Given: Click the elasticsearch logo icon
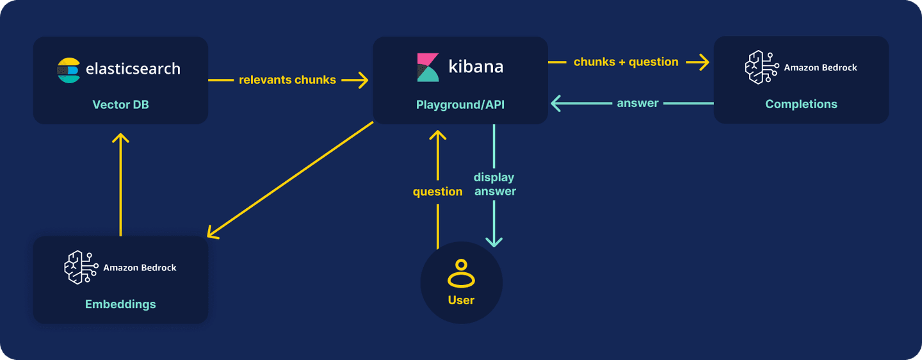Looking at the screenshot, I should point(69,70).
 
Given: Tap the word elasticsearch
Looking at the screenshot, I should point(133,69).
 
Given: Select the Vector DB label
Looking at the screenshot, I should point(120,104).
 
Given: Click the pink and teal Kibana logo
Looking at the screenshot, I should point(428,67).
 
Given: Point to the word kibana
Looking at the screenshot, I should point(475,67).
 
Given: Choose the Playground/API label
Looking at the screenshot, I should point(460,104).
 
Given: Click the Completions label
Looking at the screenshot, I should point(801,104).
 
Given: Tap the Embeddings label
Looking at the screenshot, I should point(120,304).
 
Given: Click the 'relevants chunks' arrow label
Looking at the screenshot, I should point(287,80).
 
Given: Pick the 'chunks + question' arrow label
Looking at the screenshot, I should point(626,62).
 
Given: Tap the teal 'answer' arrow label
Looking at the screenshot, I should point(637,103).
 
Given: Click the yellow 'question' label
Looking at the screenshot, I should point(437,192).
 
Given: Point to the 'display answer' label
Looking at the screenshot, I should point(494,184).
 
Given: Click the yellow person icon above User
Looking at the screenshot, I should point(461,274).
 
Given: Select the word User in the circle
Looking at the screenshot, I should point(461,300).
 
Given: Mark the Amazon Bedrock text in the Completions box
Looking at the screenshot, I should point(820,67).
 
